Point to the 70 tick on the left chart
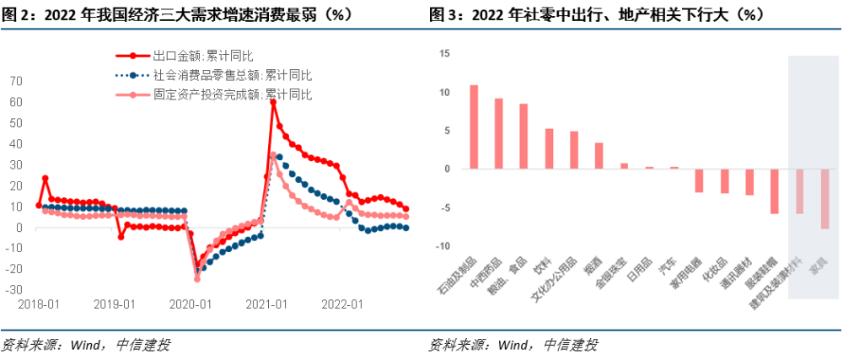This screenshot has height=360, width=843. tap(16, 81)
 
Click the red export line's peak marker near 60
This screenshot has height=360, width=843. tap(273, 102)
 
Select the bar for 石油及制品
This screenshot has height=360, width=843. tap(474, 126)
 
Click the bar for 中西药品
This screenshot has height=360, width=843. tap(498, 133)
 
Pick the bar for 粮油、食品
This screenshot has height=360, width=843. tap(524, 136)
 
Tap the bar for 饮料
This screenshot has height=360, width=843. tap(549, 148)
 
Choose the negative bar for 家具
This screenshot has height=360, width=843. tap(824, 198)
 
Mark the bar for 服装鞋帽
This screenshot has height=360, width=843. tap(774, 191)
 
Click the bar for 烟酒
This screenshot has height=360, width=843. tap(599, 155)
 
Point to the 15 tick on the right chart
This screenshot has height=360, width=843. tap(446, 53)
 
